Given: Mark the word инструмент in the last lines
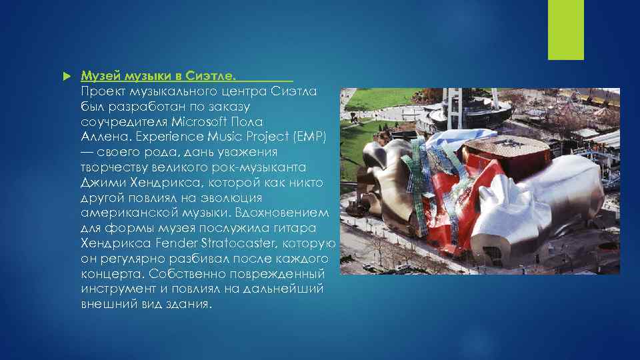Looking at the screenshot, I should click(115, 289).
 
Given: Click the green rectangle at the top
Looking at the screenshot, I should click(565, 30).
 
